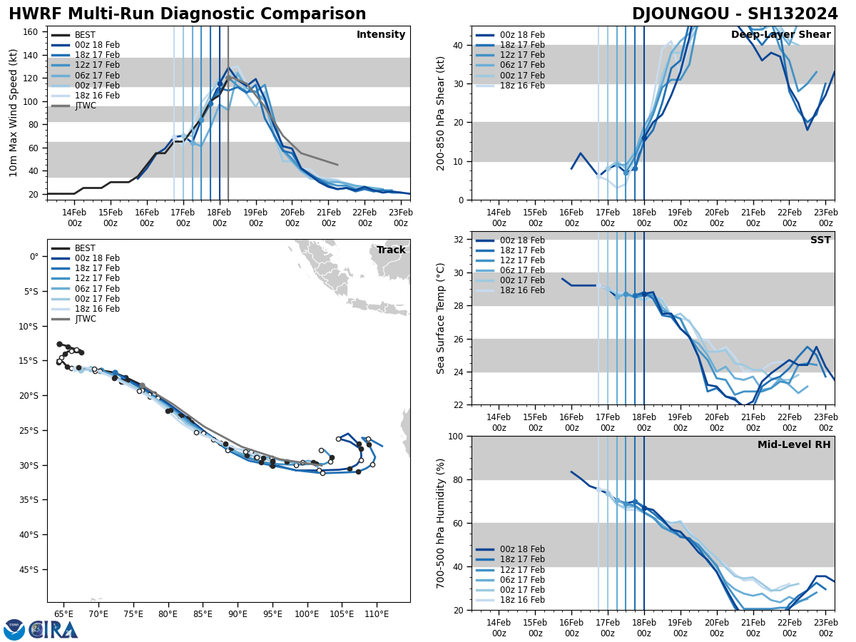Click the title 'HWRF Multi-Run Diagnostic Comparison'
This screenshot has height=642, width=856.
click(187, 14)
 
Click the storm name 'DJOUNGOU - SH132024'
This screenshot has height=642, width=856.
click(735, 14)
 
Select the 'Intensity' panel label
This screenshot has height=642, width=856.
click(381, 35)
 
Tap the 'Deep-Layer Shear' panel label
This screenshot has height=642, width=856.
click(780, 35)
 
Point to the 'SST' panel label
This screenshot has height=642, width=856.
click(820, 240)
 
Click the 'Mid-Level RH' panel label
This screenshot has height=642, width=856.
click(794, 445)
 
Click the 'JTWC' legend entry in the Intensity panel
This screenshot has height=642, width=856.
click(85, 106)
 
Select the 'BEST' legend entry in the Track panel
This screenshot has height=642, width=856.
click(85, 248)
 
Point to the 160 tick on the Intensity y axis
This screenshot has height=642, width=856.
click(31, 32)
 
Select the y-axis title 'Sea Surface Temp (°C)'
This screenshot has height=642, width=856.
click(441, 318)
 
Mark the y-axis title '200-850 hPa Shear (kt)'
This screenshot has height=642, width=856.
click(441, 113)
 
